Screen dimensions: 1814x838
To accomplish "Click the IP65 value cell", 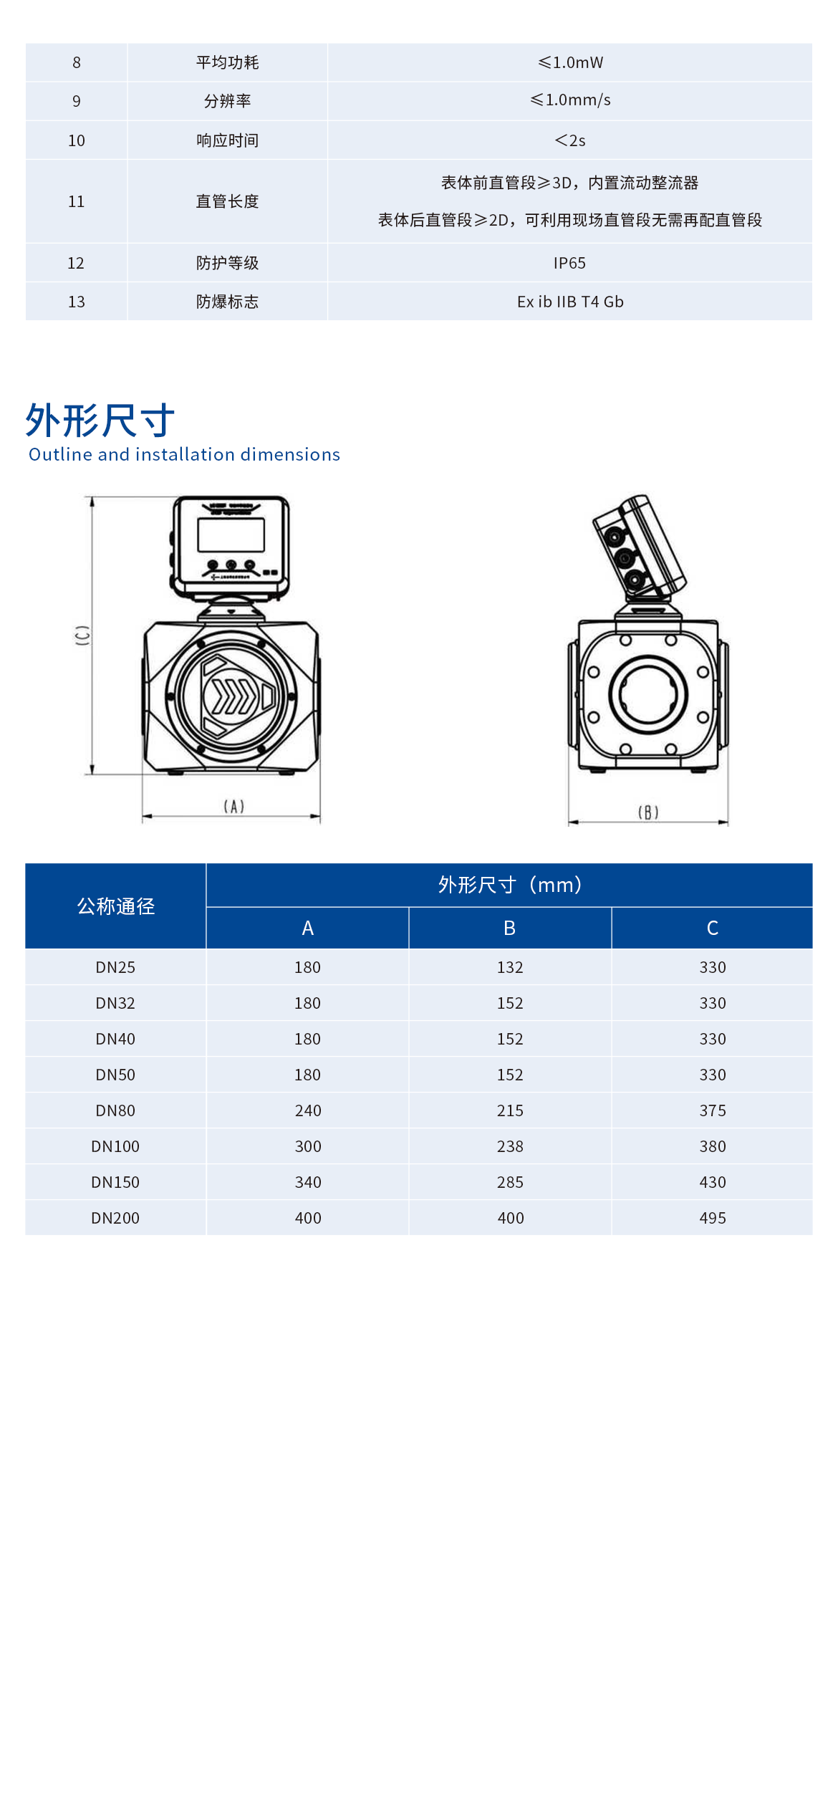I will [569, 263].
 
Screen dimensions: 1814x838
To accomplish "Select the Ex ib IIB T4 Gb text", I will [570, 302].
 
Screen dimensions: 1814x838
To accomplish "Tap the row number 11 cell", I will [76, 201].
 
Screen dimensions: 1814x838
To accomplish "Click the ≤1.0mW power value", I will [570, 62].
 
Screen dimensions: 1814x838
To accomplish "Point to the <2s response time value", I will [570, 140].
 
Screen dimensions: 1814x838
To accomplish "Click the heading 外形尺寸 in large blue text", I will [100, 420].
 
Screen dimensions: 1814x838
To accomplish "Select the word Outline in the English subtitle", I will [60, 454].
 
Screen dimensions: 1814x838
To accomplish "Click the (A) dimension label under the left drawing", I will [233, 807].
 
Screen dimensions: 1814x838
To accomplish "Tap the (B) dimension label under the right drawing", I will [647, 812].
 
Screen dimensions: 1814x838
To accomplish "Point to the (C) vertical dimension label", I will [83, 635].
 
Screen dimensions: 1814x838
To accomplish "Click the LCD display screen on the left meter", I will [231, 534].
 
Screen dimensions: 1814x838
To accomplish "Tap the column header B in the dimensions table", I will [509, 928].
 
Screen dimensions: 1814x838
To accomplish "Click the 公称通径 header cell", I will [115, 906].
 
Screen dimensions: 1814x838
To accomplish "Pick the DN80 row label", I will [115, 1110].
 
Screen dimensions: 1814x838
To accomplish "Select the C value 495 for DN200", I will [713, 1218].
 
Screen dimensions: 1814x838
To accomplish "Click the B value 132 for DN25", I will [510, 967].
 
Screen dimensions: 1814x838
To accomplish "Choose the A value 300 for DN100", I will [307, 1146].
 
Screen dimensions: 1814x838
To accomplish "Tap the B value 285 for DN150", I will [510, 1182].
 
